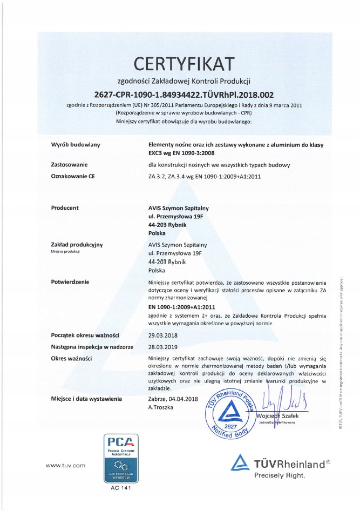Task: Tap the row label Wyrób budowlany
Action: click(x=75, y=145)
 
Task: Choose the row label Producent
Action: click(x=65, y=207)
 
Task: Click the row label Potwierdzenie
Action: click(x=70, y=281)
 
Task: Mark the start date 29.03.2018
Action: click(x=163, y=335)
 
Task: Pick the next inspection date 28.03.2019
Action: click(x=163, y=346)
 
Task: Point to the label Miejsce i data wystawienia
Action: click(x=86, y=399)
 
